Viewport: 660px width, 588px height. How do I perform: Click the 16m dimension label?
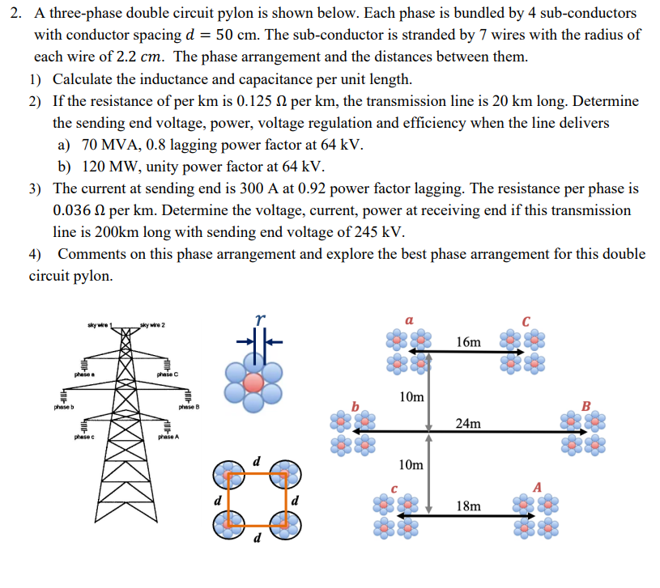point(468,342)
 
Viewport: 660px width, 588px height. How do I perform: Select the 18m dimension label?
point(468,506)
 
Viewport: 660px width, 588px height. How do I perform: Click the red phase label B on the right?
point(588,404)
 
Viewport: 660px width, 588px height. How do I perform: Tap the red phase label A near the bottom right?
point(538,485)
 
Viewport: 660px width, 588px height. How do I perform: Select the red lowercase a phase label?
point(410,321)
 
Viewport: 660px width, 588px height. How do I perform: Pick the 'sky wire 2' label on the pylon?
point(151,325)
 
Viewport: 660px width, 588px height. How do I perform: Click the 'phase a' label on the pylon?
point(84,374)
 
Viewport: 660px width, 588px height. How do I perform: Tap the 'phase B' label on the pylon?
point(189,407)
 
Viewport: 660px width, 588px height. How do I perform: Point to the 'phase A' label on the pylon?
point(168,438)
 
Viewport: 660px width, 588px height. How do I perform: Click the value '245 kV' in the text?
point(380,231)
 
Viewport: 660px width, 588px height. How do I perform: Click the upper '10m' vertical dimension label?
point(411,397)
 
